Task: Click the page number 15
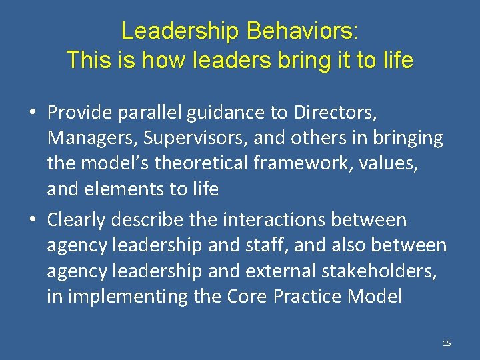[447, 343]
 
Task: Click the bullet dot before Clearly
[33, 220]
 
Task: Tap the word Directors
[335, 113]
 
